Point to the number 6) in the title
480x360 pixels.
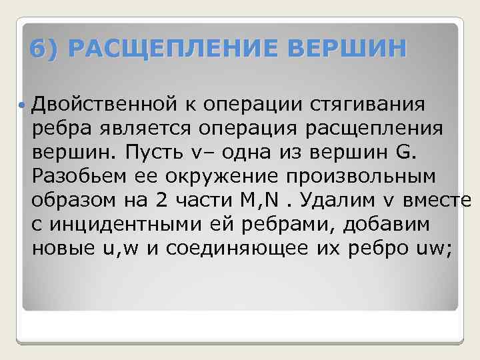46,49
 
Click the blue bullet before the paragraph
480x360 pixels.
24,105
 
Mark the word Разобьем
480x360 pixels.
81,177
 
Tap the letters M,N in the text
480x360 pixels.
268,201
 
